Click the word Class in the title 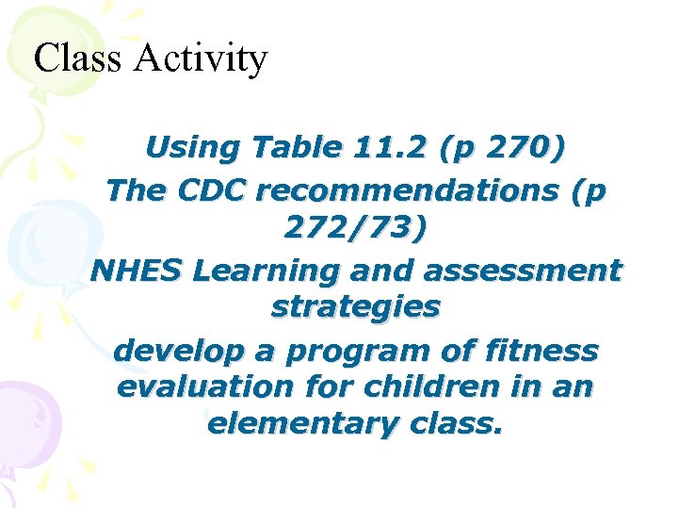tap(77, 58)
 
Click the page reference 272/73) tap(355, 230)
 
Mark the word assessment tap(523, 271)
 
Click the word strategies tap(355, 308)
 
